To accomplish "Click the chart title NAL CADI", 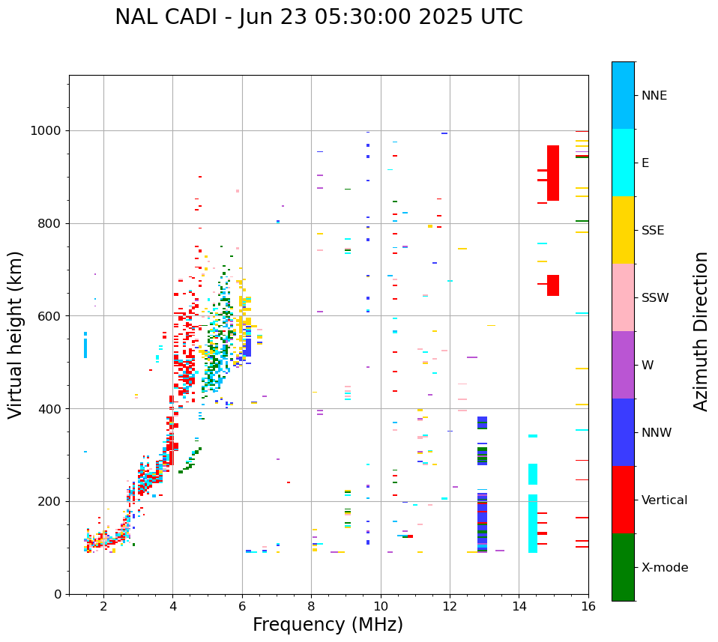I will (x=319, y=17).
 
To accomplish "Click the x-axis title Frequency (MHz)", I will (x=328, y=625).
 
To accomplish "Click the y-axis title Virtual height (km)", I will (x=16, y=334).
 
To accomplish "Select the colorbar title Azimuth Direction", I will (x=701, y=331).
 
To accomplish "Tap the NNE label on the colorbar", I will (x=654, y=96).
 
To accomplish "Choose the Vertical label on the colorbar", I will (x=664, y=500).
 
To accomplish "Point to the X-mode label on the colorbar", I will (x=664, y=568).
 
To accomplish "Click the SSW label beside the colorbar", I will (x=655, y=298).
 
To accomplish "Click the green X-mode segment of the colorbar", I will (x=623, y=567).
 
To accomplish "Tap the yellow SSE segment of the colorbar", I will (x=623, y=230).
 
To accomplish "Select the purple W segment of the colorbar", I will (x=623, y=365).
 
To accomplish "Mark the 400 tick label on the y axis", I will (x=52, y=409).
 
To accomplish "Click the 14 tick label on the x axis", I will (x=519, y=605).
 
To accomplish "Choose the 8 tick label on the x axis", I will (x=311, y=605).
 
